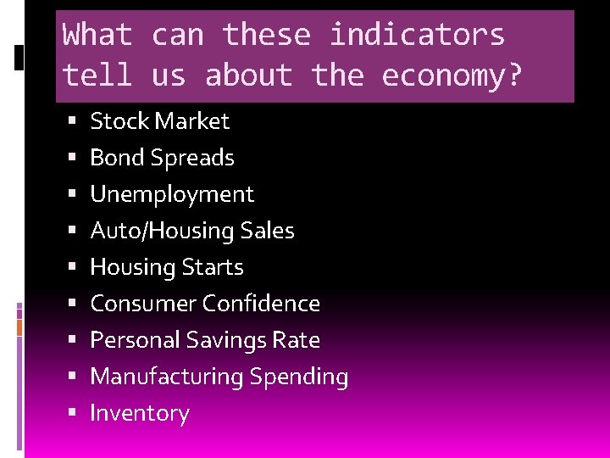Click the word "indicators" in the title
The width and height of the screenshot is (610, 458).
pos(417,36)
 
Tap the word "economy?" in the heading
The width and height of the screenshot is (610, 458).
pos(453,75)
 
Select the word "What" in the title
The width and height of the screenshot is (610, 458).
pos(97,36)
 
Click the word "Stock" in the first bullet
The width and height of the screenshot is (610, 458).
pos(119,121)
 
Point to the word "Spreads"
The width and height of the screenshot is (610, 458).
pos(197,158)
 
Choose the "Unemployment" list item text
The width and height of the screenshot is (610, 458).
pos(172,194)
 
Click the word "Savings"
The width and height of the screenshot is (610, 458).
pos(225,340)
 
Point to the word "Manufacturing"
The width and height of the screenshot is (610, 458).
pos(164,377)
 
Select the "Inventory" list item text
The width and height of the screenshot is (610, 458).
pos(140,413)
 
